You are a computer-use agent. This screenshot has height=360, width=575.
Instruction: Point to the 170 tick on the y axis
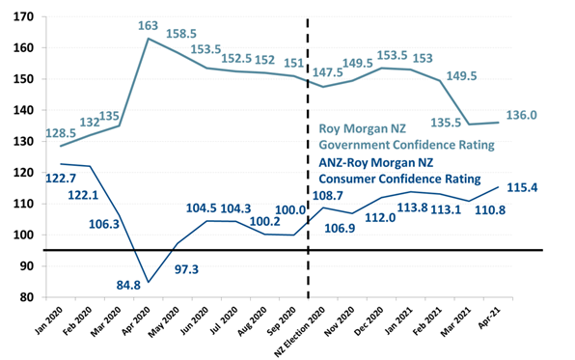pyautogui.click(x=20, y=16)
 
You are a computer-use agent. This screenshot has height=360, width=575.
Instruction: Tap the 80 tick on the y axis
pyautogui.click(x=24, y=297)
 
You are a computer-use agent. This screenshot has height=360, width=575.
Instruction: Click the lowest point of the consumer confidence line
pyautogui.click(x=148, y=282)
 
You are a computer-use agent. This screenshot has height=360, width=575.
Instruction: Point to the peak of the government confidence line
pyautogui.click(x=148, y=38)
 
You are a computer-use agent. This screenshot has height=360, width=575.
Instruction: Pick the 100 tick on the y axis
pyautogui.click(x=20, y=235)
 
